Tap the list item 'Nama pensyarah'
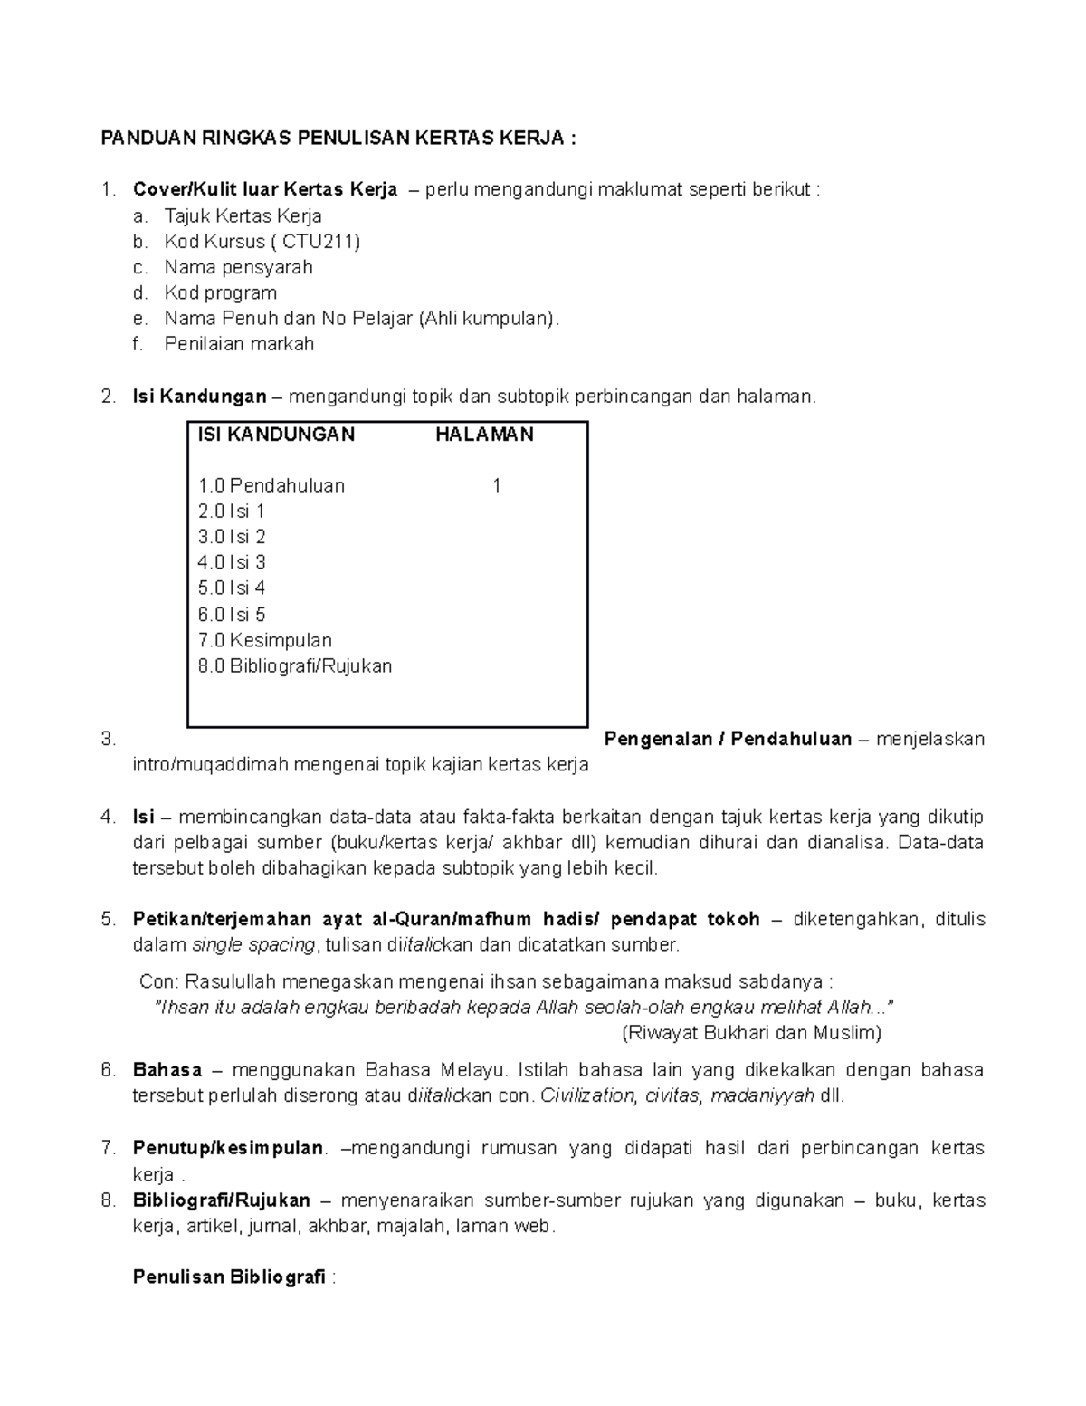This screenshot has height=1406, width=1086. coord(238,267)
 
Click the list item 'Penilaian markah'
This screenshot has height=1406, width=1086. coord(239,344)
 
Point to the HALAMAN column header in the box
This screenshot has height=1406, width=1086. coord(484,435)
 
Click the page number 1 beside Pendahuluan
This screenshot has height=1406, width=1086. coord(496,486)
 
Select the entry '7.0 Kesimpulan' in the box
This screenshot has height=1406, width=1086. coord(264,640)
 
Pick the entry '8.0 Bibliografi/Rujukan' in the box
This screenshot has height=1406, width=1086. coord(294,666)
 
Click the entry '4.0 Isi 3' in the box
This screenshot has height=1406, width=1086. coord(232,562)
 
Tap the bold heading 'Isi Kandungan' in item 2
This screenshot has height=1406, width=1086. coord(199,397)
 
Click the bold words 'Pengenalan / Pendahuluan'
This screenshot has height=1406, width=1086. coord(728,739)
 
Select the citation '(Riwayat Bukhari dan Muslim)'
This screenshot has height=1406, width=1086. coord(750,1033)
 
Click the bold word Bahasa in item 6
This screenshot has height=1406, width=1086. coord(167,1070)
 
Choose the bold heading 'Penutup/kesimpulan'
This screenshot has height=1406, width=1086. coord(227,1148)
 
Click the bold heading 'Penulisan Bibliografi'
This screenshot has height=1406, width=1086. coord(229,1277)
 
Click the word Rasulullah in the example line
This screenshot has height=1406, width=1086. coord(232,982)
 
